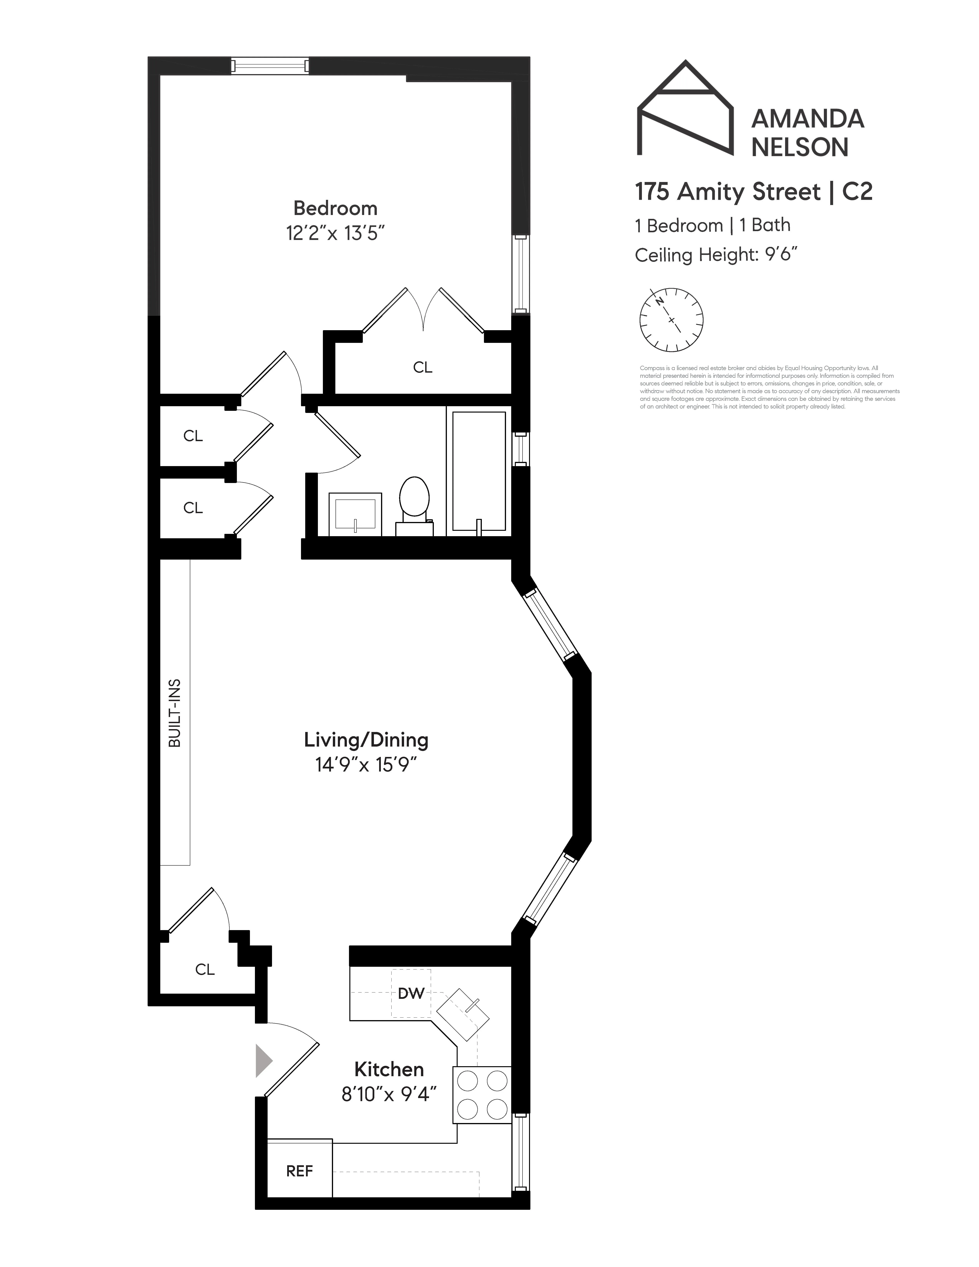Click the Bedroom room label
click(335, 208)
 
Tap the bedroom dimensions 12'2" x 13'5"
click(335, 233)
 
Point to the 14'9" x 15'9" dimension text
click(366, 765)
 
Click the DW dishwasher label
click(411, 993)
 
